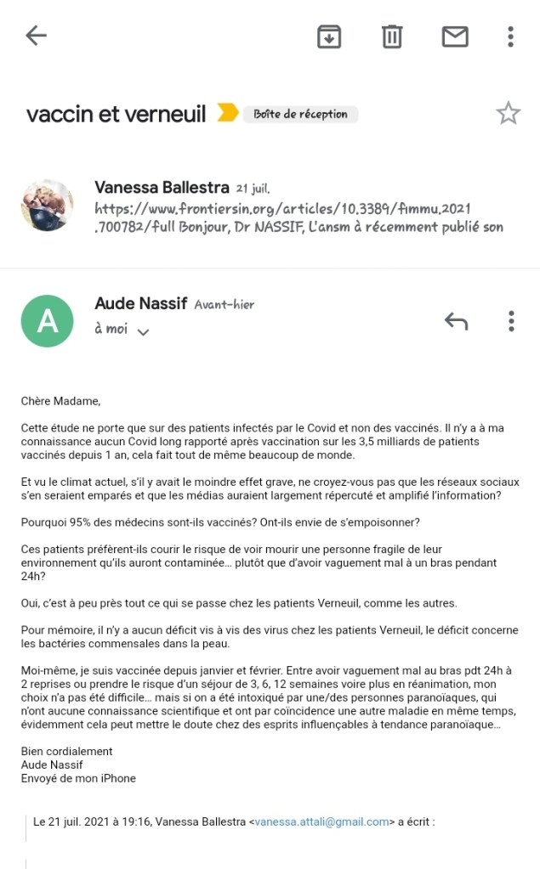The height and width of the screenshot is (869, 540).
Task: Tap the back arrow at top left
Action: click(36, 36)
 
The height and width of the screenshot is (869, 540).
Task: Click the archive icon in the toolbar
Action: click(329, 37)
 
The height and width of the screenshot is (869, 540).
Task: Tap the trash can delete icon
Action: click(392, 37)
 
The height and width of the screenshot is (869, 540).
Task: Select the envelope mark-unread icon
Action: click(455, 37)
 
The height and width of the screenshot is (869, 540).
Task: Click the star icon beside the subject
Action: click(508, 113)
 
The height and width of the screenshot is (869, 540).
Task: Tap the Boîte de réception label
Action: click(300, 114)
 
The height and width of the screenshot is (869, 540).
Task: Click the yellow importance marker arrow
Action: click(227, 113)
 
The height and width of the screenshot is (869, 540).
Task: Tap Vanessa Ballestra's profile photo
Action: click(47, 205)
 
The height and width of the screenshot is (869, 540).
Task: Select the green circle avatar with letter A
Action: click(47, 321)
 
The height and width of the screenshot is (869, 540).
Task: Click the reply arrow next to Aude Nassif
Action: click(456, 321)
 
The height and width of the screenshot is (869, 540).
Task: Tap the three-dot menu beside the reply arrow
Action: click(510, 321)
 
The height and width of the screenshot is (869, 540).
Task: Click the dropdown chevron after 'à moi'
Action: click(143, 332)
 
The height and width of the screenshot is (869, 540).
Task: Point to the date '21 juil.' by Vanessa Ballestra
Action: click(253, 188)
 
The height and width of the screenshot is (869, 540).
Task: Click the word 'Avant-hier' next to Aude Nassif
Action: click(224, 304)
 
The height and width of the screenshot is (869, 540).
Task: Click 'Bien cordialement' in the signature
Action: click(66, 751)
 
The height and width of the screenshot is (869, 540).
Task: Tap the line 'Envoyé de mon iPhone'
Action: click(78, 777)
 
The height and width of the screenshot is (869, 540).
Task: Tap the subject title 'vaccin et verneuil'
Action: click(116, 114)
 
